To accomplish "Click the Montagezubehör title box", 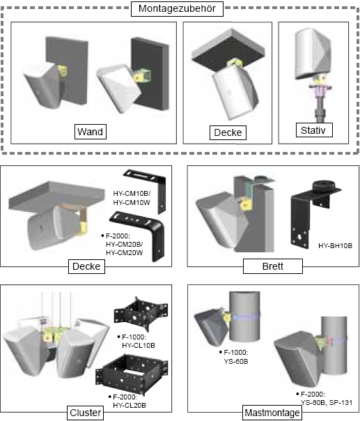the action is point(177,9).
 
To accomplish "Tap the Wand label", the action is point(91,132).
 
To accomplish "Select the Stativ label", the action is point(314,130).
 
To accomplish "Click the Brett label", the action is point(273,266).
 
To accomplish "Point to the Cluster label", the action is point(86,413).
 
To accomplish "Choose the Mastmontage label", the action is point(272,413).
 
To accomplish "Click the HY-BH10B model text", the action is point(336,245).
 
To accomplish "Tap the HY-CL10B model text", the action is point(139,345).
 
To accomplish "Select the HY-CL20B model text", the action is point(130,405).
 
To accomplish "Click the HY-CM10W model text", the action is point(132,202).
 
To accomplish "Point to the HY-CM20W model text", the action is point(124,252).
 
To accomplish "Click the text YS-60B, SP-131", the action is point(327,402).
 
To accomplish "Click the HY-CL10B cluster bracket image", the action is point(141,314).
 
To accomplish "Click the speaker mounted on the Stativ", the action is point(313,54).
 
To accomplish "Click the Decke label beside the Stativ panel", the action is point(228,132).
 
